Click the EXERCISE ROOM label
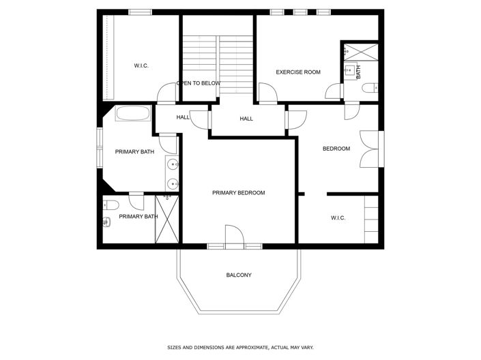pyautogui.click(x=297, y=72)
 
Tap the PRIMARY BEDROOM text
pyautogui.click(x=238, y=193)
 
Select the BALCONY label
pyautogui.click(x=239, y=275)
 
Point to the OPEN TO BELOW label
pyautogui.click(x=199, y=83)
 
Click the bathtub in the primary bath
pyautogui.click(x=134, y=115)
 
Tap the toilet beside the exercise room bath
pyautogui.click(x=369, y=87)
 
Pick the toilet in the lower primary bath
pyautogui.click(x=111, y=204)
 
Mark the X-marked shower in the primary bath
pyautogui.click(x=167, y=218)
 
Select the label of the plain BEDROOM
pyautogui.click(x=336, y=149)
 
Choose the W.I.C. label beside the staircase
pyautogui.click(x=141, y=65)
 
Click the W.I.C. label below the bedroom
pyautogui.click(x=338, y=218)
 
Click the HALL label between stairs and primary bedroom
pyautogui.click(x=246, y=119)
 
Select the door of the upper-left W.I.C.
pyautogui.click(x=166, y=93)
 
